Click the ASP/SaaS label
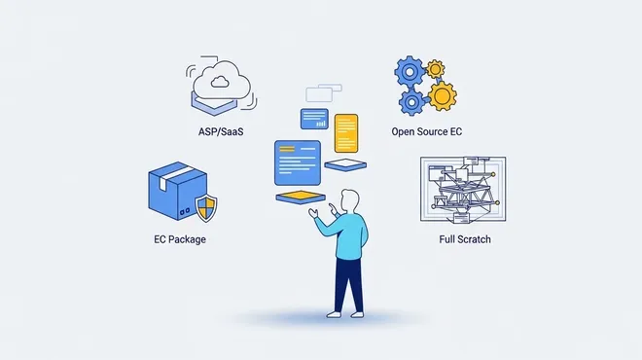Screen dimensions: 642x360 [221, 132]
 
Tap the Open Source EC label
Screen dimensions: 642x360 [427, 132]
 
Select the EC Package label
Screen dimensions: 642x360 [180, 239]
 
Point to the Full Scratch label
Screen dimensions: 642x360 [465, 239]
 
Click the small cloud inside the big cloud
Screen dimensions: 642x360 [220, 82]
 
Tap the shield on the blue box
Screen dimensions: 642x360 [206, 208]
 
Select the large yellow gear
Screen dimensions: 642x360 [443, 96]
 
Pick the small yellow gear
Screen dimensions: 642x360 [435, 69]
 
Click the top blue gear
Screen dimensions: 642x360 [409, 72]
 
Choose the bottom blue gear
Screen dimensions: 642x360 [411, 103]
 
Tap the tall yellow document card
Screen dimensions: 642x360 [346, 133]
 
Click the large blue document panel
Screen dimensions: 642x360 [298, 162]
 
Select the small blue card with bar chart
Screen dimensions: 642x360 [314, 119]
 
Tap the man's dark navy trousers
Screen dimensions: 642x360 [348, 285]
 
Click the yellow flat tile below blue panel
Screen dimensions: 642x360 [301, 197]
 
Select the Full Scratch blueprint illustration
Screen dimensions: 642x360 [463, 189]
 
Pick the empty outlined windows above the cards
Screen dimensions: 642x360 [324, 93]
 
